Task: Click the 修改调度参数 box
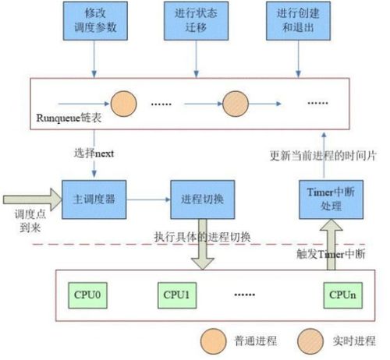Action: (95, 21)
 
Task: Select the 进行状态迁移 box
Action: (196, 21)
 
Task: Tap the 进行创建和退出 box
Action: (298, 21)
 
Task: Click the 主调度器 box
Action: (94, 199)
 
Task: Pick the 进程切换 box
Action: (203, 199)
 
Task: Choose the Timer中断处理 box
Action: (331, 199)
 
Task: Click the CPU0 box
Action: (87, 295)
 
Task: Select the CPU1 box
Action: (177, 295)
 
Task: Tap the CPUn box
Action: (343, 295)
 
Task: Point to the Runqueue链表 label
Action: (69, 118)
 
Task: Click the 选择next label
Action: (94, 154)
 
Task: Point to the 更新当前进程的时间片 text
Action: (323, 156)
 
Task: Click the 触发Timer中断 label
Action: (331, 254)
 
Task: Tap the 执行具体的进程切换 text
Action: (203, 237)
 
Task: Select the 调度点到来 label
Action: (30, 221)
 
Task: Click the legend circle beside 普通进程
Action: (213, 341)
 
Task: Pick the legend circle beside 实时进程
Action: (310, 341)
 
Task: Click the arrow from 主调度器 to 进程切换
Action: (148, 199)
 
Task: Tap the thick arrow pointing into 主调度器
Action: (33, 199)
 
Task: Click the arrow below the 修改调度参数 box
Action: (94, 59)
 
